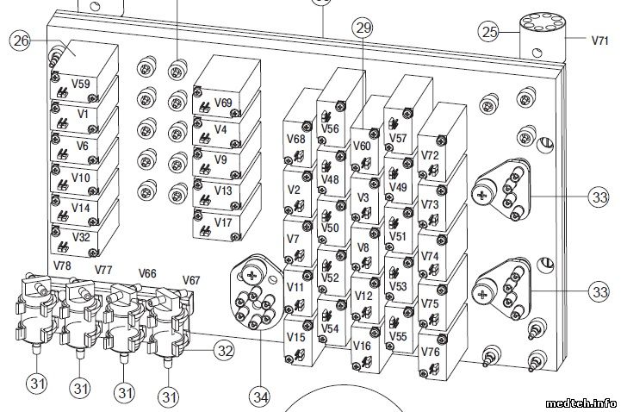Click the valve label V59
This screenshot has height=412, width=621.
click(81, 84)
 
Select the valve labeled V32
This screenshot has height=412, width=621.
click(81, 237)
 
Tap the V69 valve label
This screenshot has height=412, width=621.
click(223, 103)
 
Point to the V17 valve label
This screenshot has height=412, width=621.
click(222, 222)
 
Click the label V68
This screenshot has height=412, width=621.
click(296, 139)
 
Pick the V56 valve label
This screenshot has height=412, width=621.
click(330, 128)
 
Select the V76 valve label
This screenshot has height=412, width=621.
click(430, 352)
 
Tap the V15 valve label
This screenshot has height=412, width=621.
click(295, 337)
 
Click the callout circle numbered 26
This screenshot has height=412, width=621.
click(20, 41)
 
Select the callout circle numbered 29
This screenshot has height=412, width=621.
click(363, 28)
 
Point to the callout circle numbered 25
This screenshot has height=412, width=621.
click(489, 32)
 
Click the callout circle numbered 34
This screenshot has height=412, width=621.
click(261, 396)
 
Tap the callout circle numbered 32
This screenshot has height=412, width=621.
click(224, 350)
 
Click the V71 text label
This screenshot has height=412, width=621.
click(599, 40)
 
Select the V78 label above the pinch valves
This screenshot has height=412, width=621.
click(62, 265)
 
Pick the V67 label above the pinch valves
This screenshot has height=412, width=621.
click(191, 280)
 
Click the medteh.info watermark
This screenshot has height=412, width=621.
click(581, 403)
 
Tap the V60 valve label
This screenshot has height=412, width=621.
click(362, 146)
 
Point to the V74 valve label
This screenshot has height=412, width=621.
click(430, 256)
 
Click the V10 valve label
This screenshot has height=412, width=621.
click(81, 178)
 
